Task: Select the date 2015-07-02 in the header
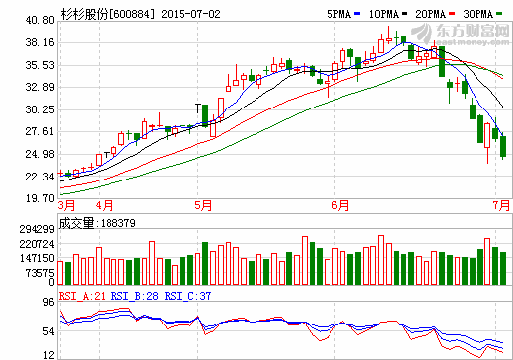click(x=190, y=13)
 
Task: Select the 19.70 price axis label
click(x=38, y=198)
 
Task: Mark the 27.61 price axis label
click(x=38, y=132)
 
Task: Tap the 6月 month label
click(x=340, y=206)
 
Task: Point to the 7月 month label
click(x=502, y=206)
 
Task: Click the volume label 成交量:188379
click(x=98, y=223)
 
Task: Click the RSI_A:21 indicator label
click(x=80, y=294)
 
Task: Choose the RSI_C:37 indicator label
click(x=188, y=294)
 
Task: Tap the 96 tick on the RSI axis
click(x=46, y=305)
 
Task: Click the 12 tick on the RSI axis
click(x=46, y=354)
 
